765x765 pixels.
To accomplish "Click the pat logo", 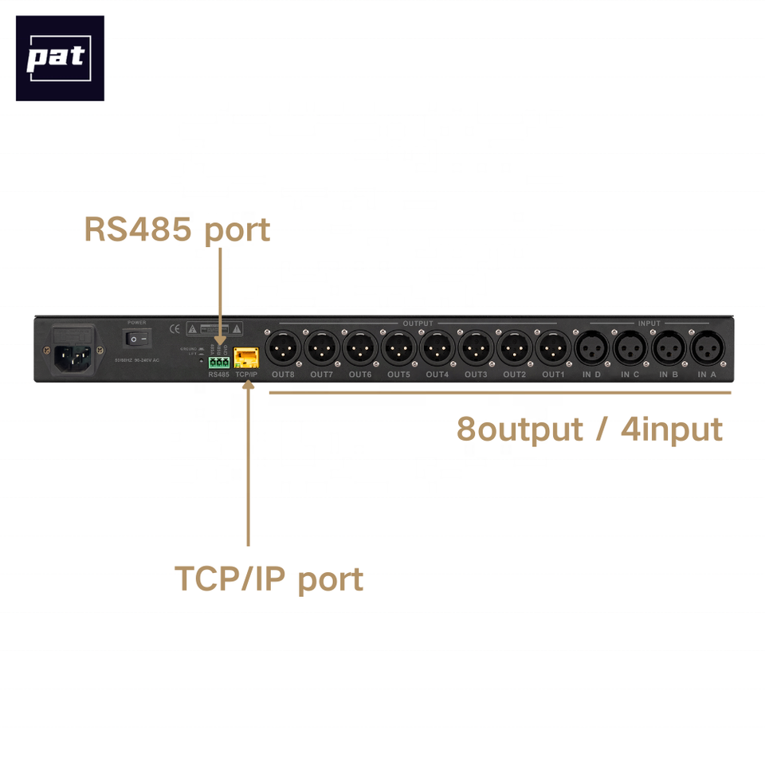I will (60, 58).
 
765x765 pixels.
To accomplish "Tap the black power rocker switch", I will (136, 339).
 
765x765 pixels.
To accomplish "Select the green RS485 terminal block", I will (218, 362).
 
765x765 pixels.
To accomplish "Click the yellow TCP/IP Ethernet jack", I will (246, 357).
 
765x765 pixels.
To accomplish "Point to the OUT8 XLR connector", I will (283, 347).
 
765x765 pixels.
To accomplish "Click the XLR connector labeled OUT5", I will (398, 347).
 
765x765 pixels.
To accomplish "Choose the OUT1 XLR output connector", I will (552, 347).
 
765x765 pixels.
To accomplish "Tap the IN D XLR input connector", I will (591, 347).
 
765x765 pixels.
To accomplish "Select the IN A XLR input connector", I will (707, 347).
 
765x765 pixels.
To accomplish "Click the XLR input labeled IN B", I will (669, 347).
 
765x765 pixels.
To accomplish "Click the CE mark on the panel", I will (175, 328).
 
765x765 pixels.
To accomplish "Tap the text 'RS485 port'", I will (177, 229).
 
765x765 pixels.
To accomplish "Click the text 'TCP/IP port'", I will (269, 579).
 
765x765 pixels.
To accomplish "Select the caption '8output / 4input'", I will (590, 429).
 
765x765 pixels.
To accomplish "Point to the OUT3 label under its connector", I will (476, 375).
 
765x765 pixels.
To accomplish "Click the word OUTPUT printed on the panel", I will (418, 324).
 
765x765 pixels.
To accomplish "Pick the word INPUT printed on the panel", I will (649, 324).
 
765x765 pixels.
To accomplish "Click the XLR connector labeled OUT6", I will (359, 347).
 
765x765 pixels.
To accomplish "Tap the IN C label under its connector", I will (630, 375).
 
